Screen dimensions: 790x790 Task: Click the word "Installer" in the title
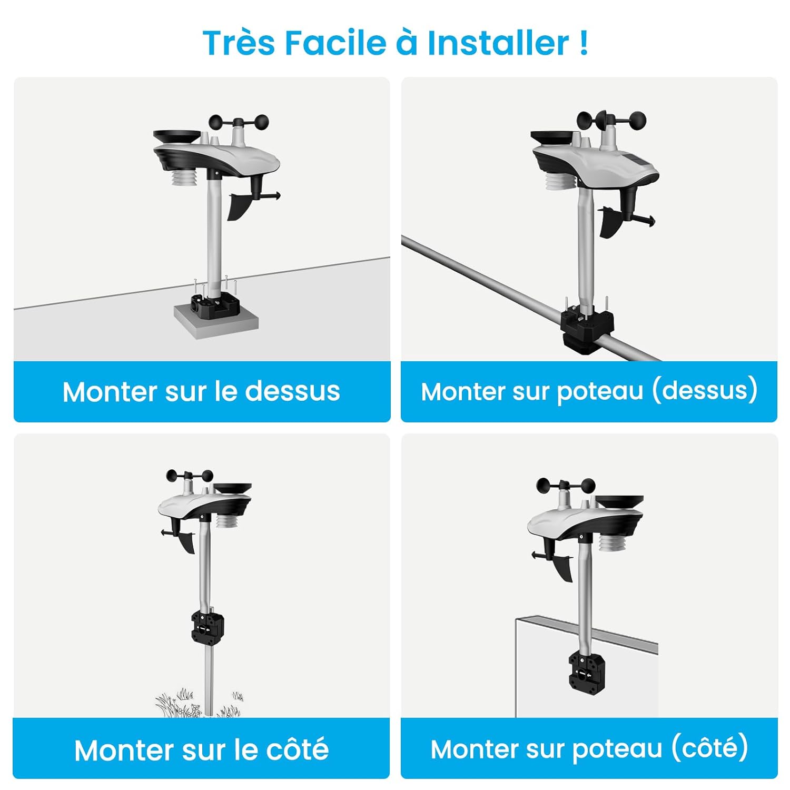[498, 43]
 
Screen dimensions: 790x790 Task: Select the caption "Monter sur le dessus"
[201, 391]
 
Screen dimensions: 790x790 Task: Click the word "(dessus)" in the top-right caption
[705, 391]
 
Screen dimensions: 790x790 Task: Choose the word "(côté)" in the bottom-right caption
[709, 748]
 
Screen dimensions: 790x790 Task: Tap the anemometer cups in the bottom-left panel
[190, 477]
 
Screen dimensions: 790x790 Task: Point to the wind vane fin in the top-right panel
[611, 222]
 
